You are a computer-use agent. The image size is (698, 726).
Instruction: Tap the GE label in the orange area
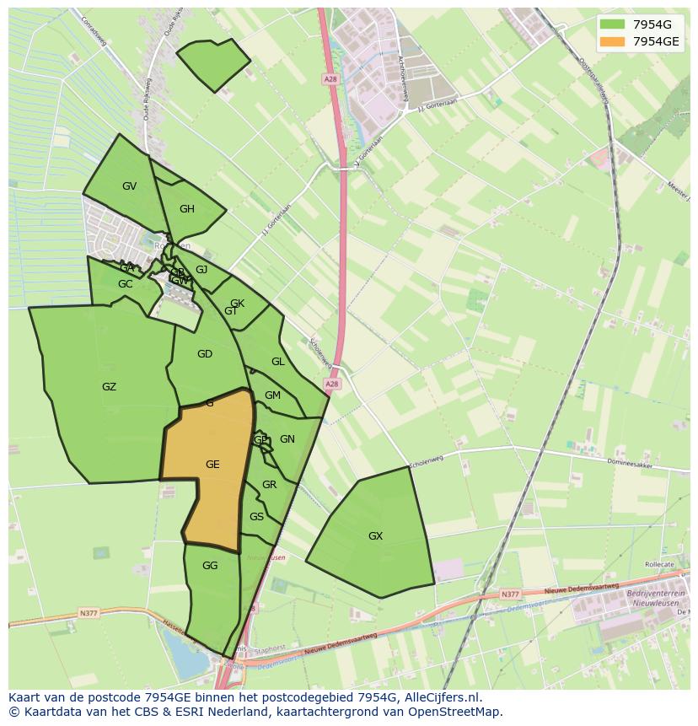(x=212, y=465)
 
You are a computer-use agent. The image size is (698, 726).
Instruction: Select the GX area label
(x=375, y=536)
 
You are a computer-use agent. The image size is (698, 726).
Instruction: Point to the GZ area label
(x=109, y=388)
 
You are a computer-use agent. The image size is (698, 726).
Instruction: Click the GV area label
(x=129, y=186)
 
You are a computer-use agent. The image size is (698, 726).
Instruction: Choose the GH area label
(x=187, y=210)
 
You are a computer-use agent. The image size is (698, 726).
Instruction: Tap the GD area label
(x=205, y=354)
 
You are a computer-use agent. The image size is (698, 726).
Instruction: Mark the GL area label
(x=277, y=362)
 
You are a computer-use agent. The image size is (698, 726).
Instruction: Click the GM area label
(x=272, y=395)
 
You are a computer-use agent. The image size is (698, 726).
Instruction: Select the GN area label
(x=287, y=439)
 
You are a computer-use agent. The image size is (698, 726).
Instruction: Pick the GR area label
(x=269, y=485)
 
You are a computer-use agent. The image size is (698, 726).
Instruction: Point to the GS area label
(x=256, y=517)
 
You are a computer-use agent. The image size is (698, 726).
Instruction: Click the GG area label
(x=210, y=566)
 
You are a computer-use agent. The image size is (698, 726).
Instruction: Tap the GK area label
(x=237, y=304)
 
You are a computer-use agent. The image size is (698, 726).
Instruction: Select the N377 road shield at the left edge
(x=89, y=613)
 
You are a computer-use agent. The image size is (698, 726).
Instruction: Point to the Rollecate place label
(x=658, y=565)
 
